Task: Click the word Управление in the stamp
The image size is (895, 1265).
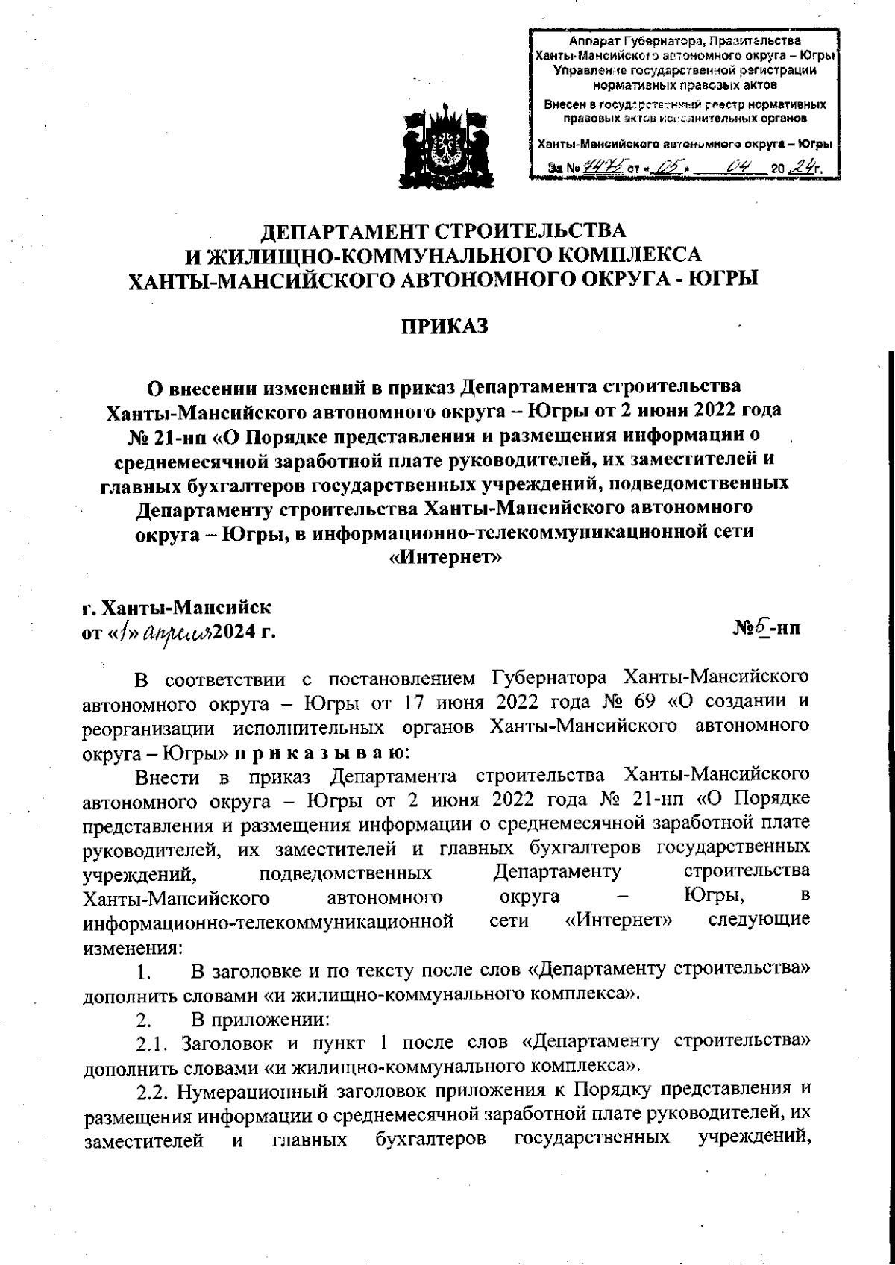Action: pos(589,70)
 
